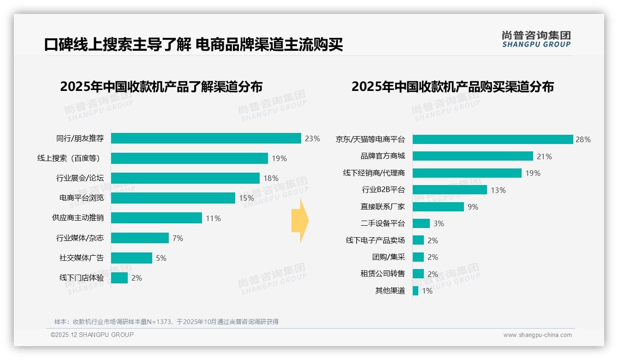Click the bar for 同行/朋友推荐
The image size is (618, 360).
[206, 138]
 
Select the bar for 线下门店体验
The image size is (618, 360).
[119, 278]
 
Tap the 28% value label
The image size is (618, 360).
[583, 139]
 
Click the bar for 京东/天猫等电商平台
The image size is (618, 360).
[493, 139]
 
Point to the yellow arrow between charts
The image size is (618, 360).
[300, 221]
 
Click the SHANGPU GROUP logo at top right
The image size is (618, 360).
[536, 39]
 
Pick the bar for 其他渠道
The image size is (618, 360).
[416, 291]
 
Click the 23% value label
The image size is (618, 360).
[312, 138]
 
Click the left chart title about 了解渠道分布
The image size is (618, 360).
[161, 87]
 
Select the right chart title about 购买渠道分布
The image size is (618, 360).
[452, 87]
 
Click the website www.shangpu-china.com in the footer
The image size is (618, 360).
[537, 335]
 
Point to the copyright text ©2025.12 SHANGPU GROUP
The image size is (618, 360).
[92, 335]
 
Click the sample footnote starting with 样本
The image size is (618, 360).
[166, 322]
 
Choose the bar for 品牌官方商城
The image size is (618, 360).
[473, 156]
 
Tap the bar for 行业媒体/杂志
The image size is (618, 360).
[140, 238]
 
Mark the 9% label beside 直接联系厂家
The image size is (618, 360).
[473, 207]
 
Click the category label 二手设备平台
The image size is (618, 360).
[382, 223]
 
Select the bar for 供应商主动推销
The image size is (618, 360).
[156, 218]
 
